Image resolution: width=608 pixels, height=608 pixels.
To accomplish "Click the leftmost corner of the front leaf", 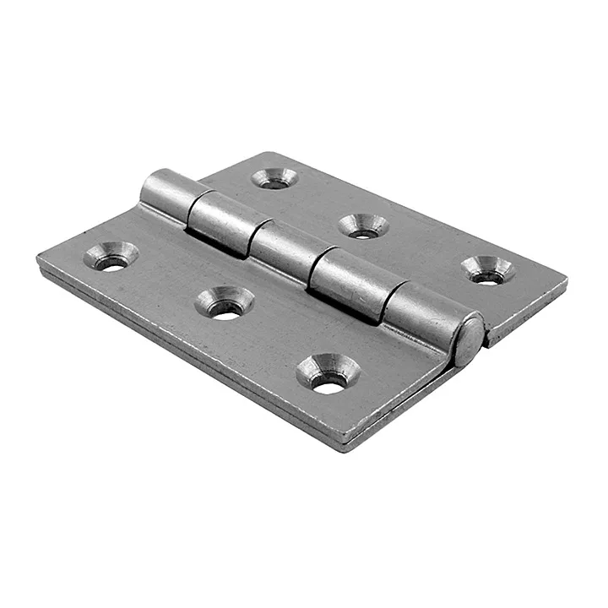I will pyautogui.click(x=40, y=258).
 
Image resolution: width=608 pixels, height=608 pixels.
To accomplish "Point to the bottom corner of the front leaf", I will pyautogui.click(x=341, y=445).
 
